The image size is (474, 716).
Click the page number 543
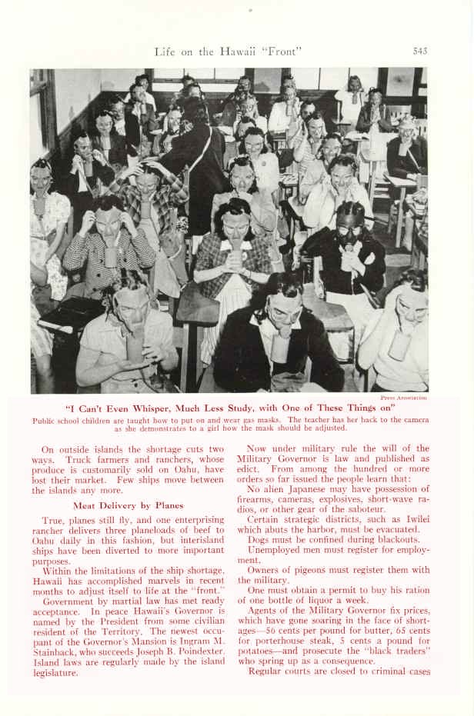(419, 52)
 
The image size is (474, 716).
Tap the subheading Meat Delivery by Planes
(128, 505)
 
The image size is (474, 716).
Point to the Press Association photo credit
(403, 398)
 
